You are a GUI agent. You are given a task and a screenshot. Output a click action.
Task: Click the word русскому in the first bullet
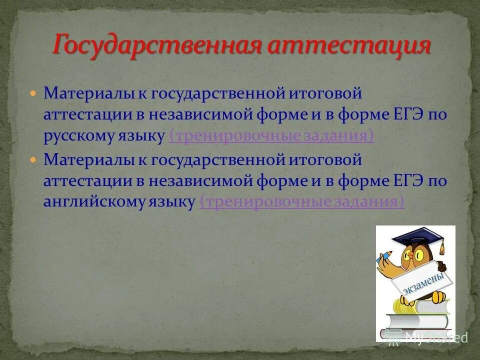pyautogui.click(x=80, y=136)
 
